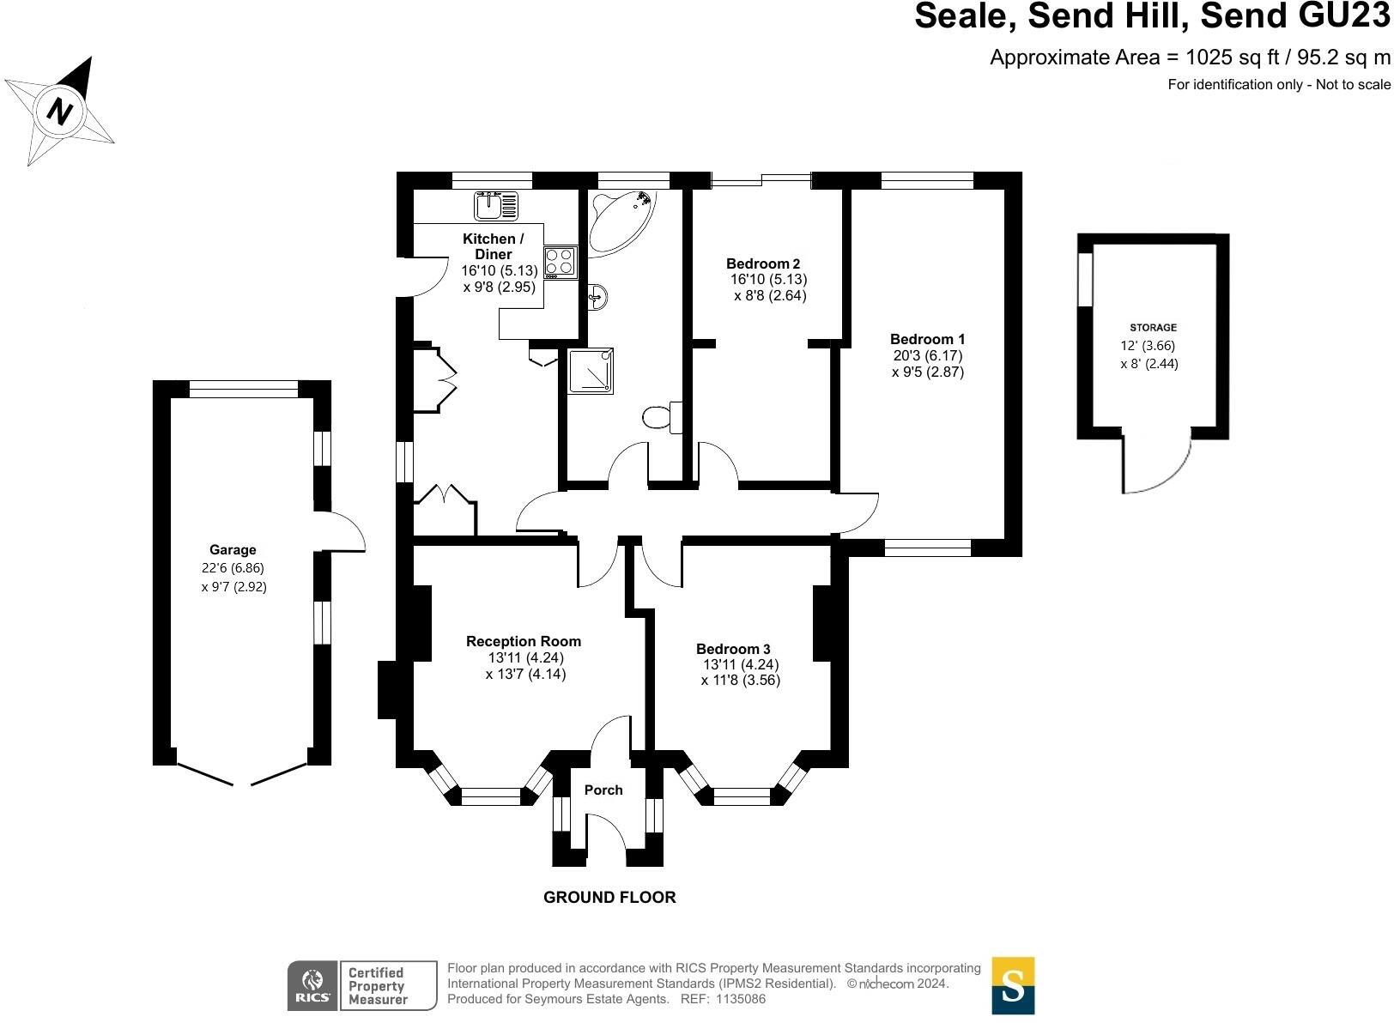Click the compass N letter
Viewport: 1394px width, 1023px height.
click(59, 111)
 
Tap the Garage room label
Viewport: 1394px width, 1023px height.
click(233, 550)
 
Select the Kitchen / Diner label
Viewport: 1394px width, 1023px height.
click(493, 246)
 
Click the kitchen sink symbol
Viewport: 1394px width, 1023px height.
click(496, 206)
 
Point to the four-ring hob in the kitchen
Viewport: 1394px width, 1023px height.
click(561, 261)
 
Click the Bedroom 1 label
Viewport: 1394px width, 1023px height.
click(927, 339)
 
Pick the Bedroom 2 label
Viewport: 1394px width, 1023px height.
click(763, 263)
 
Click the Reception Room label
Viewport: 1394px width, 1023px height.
click(524, 641)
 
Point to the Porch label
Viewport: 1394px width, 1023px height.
click(603, 790)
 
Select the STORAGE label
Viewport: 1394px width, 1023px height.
click(1153, 328)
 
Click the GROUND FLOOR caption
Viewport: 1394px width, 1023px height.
click(609, 898)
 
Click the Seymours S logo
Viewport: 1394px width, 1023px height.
click(1013, 985)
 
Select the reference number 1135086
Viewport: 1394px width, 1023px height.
click(739, 999)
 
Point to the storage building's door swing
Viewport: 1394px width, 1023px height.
click(1159, 468)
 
